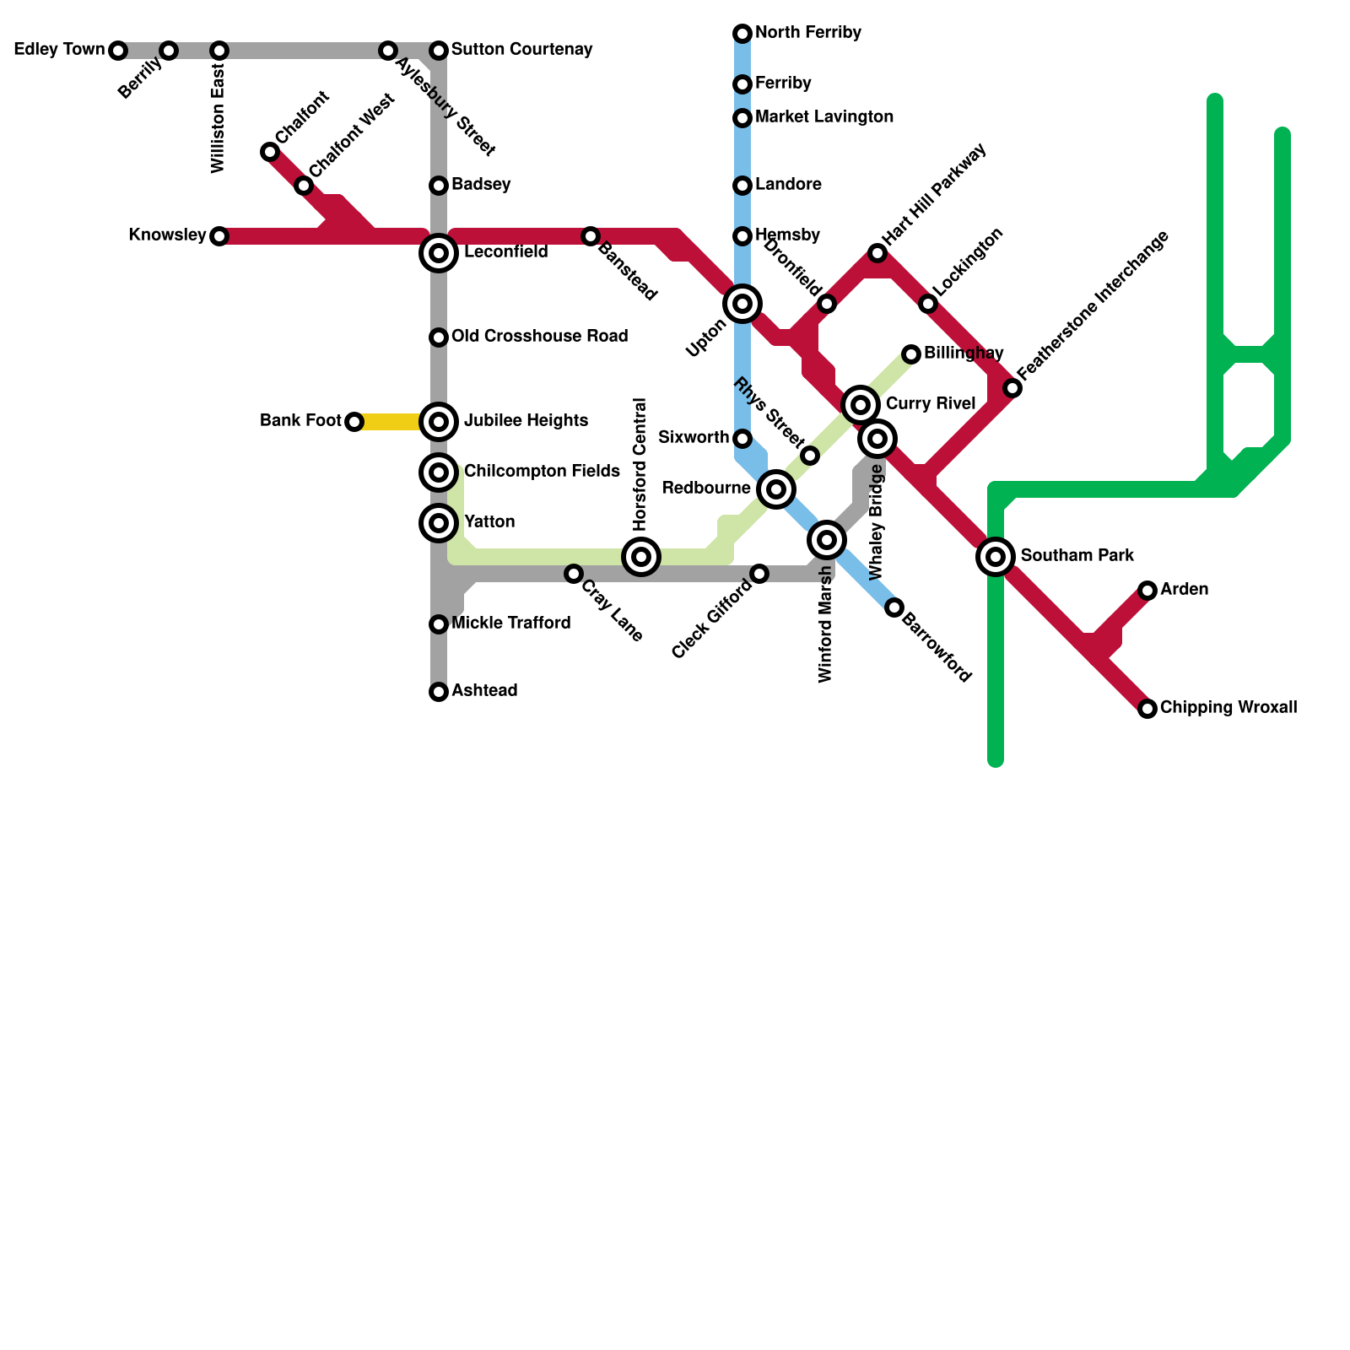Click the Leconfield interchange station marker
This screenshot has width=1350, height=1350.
[x=439, y=253]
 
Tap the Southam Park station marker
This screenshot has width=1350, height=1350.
[x=996, y=557]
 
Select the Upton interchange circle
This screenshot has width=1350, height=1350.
[x=742, y=304]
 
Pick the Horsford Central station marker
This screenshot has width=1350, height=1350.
[x=641, y=557]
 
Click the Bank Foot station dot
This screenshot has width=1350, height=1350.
[x=354, y=422]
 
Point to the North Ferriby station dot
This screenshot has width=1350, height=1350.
[x=742, y=34]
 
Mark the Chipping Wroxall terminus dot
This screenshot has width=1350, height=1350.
[x=1147, y=709]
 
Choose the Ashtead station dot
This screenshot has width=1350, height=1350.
[x=439, y=692]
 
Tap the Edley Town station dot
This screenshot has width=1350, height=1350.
[x=118, y=51]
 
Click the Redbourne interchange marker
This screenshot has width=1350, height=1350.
[x=776, y=489]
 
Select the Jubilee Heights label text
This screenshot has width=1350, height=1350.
[x=526, y=421]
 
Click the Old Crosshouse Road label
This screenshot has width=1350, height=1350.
[x=539, y=337]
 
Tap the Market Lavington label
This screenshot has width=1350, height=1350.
[x=823, y=117]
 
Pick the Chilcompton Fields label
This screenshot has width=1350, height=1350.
[x=542, y=472]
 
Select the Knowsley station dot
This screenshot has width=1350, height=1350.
[x=219, y=236]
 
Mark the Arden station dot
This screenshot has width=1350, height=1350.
[x=1147, y=591]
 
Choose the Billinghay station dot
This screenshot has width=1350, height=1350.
[x=911, y=354]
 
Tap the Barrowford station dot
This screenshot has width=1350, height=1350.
[x=894, y=607]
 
